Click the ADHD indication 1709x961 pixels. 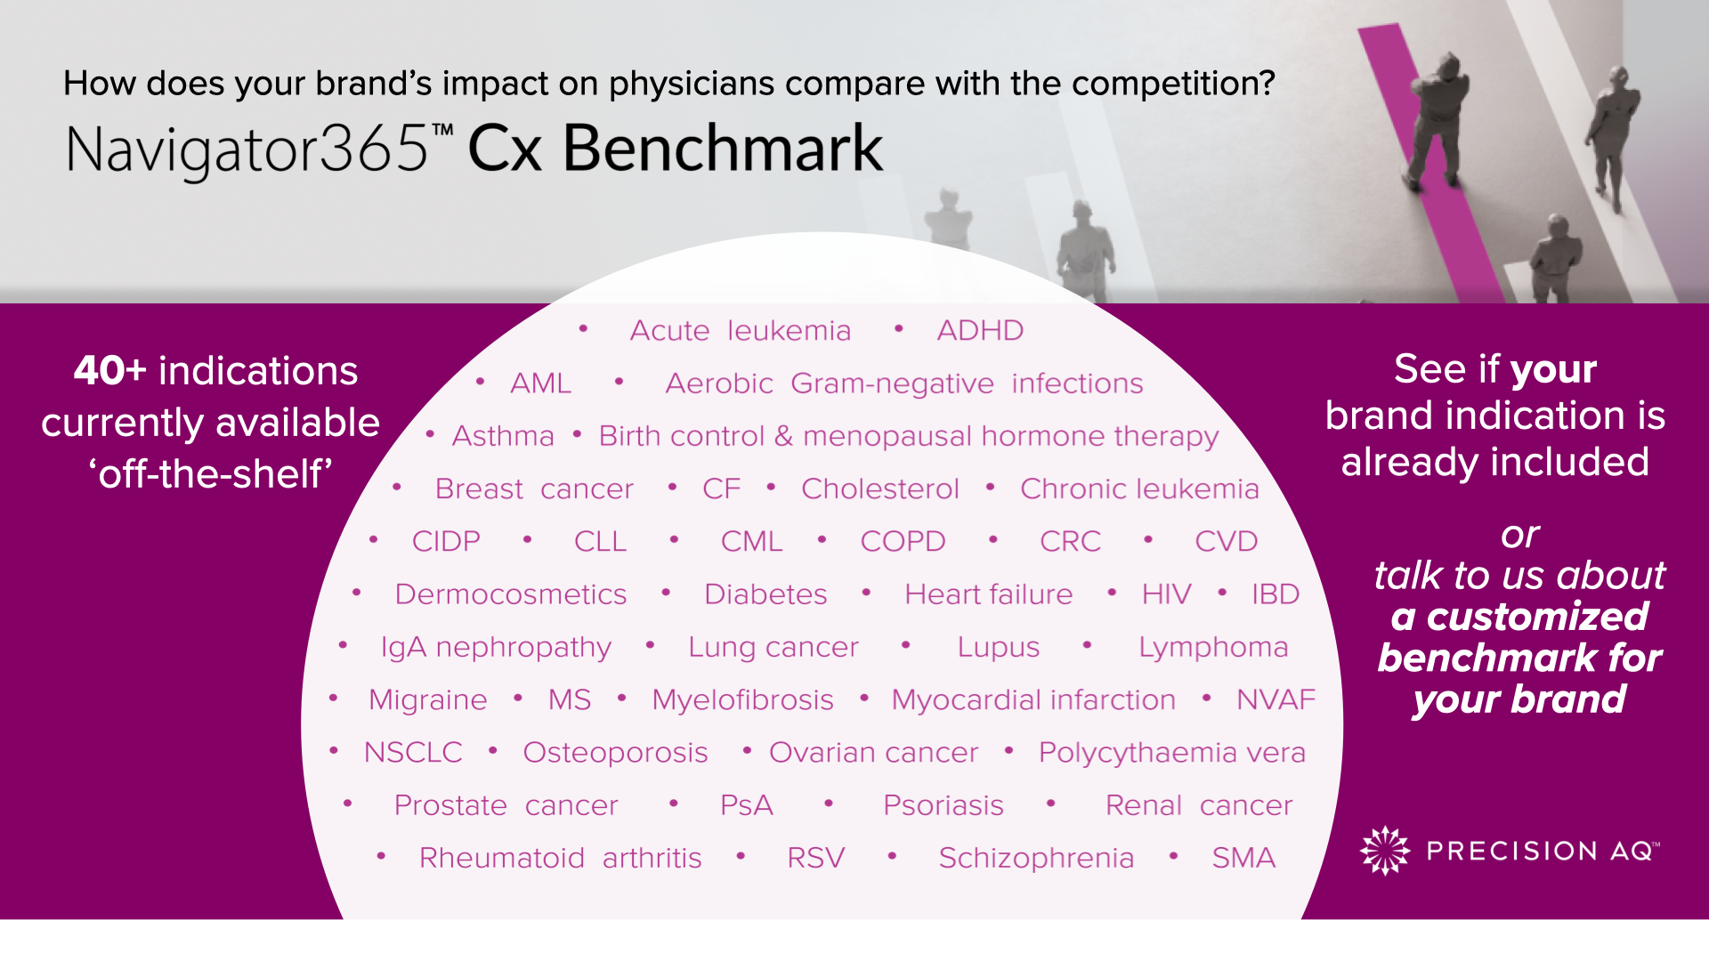[980, 330]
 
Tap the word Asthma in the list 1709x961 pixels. [503, 436]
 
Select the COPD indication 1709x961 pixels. [903, 541]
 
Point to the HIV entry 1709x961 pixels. [1166, 594]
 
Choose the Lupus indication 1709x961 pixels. [998, 647]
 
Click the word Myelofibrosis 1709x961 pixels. [742, 699]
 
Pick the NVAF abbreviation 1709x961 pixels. [1276, 699]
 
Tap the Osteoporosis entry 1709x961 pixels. [615, 753]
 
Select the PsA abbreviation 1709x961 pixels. [746, 805]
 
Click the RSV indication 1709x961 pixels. [815, 858]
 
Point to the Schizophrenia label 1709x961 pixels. [1036, 858]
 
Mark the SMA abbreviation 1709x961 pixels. [1243, 858]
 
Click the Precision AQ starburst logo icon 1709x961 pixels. [1385, 851]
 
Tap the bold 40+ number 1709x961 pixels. [109, 370]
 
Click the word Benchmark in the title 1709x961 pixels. [723, 148]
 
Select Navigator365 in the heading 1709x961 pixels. [247, 149]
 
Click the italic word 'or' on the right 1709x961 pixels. [1519, 536]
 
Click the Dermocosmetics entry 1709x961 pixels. [511, 594]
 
